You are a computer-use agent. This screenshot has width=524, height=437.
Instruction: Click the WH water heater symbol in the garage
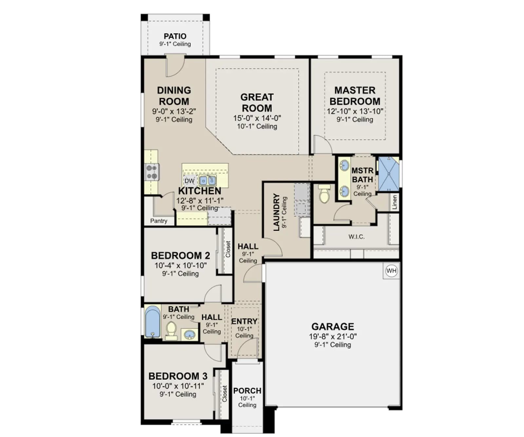391,271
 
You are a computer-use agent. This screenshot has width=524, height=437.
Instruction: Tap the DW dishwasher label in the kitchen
189,181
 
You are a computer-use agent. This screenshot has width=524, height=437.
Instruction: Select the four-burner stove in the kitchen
152,172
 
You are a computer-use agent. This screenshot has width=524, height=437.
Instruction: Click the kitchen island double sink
208,180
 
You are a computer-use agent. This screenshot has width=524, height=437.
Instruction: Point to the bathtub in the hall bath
152,322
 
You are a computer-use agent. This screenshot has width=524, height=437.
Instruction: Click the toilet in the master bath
324,194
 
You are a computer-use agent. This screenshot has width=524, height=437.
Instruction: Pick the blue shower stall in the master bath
389,174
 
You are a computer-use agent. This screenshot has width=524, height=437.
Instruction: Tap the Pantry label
159,221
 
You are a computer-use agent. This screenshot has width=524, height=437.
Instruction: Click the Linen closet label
394,202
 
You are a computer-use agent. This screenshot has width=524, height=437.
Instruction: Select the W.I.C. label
356,236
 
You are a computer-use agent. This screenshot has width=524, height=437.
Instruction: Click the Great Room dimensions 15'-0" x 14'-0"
257,118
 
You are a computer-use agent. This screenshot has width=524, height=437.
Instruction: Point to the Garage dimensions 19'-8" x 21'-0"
333,336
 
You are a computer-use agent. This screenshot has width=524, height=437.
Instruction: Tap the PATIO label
175,36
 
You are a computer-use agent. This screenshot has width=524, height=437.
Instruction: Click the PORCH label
247,391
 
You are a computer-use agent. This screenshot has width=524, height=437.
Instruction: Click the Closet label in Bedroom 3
224,393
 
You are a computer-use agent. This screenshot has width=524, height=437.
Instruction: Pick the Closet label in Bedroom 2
228,249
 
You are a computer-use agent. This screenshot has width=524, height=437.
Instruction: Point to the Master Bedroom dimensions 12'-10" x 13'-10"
355,111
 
